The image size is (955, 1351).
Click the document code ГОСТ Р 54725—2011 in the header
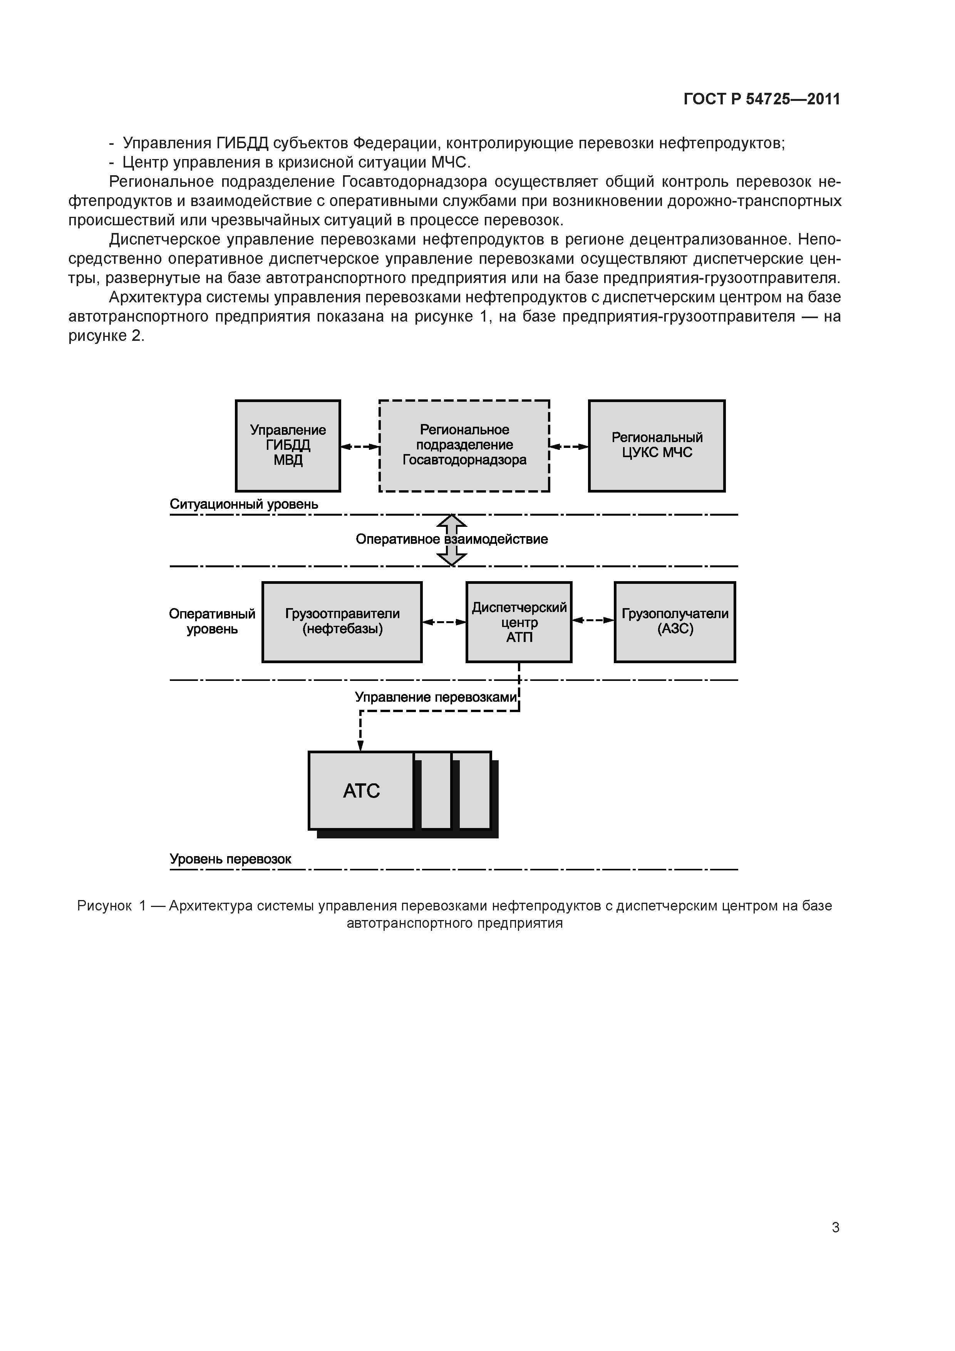pyautogui.click(x=761, y=99)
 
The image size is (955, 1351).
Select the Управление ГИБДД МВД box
pyautogui.click(x=288, y=446)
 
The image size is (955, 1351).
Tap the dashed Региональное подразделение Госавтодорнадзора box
pyautogui.click(x=464, y=446)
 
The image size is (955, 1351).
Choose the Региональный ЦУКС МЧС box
pyautogui.click(x=657, y=446)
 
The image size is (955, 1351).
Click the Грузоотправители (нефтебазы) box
pyautogui.click(x=342, y=622)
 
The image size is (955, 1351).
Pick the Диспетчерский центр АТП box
pyautogui.click(x=518, y=622)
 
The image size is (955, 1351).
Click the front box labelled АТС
pyautogui.click(x=361, y=790)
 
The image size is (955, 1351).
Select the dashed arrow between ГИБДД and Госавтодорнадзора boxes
pyautogui.click(x=360, y=447)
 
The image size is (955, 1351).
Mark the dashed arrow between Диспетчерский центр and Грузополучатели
pyautogui.click(x=593, y=620)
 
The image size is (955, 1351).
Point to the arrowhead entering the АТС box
pyautogui.click(x=361, y=746)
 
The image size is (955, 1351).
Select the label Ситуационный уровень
pyautogui.click(x=244, y=504)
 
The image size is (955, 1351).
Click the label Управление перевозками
pyautogui.click(x=436, y=697)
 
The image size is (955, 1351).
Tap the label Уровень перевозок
pyautogui.click(x=230, y=859)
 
